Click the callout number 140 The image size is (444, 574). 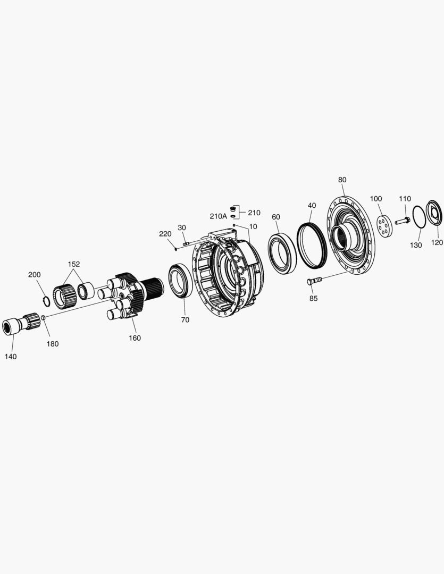[11, 357]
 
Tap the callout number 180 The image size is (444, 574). [53, 344]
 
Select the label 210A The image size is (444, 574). [218, 216]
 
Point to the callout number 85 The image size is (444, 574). [313, 298]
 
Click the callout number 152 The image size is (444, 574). [73, 264]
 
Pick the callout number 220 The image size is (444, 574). [165, 234]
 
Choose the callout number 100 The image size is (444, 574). [376, 199]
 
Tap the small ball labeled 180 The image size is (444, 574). [43, 317]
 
